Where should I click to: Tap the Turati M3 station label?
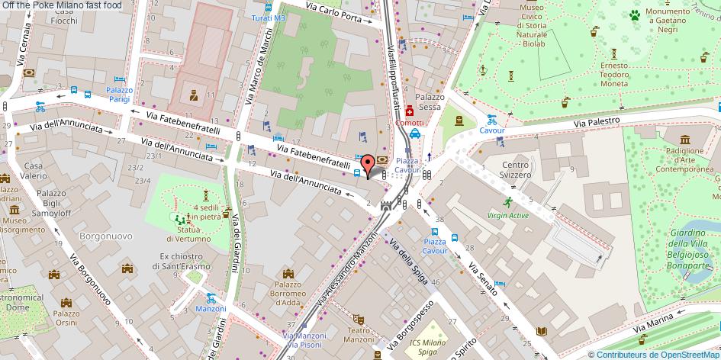(269, 18)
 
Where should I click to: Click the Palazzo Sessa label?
(430, 102)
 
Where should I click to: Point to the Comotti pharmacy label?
(410, 122)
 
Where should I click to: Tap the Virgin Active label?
(507, 215)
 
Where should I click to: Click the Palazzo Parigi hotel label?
(119, 95)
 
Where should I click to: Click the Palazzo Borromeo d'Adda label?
(288, 292)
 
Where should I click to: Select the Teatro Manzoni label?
(359, 334)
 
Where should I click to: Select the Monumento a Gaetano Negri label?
(668, 18)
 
